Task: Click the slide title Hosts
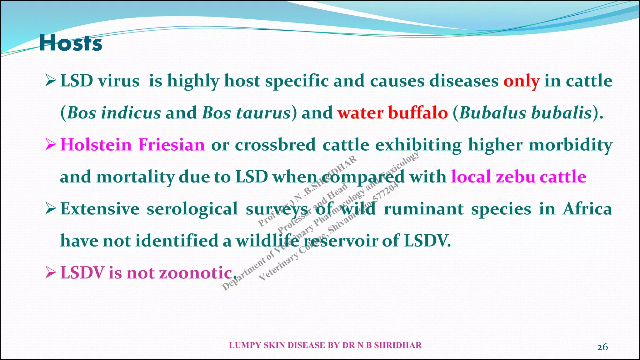pyautogui.click(x=71, y=43)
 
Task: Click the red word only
pyautogui.click(x=521, y=81)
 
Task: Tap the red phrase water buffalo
pyautogui.click(x=392, y=113)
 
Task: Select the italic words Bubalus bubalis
pyautogui.click(x=525, y=113)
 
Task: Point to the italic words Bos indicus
pyautogui.click(x=114, y=113)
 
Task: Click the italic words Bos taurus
pyautogui.click(x=246, y=113)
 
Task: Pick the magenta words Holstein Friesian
pyautogui.click(x=132, y=145)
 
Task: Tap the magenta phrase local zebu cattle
pyautogui.click(x=518, y=177)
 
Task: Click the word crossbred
pyautogui.click(x=275, y=145)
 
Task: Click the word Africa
pyautogui.click(x=587, y=209)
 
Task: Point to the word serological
pyautogui.click(x=192, y=209)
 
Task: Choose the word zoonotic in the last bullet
pyautogui.click(x=196, y=273)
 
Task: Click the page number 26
pyautogui.click(x=602, y=347)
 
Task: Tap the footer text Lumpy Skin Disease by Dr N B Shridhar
pyautogui.click(x=325, y=345)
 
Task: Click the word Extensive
pyautogui.click(x=100, y=209)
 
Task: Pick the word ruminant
pyautogui.click(x=423, y=209)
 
